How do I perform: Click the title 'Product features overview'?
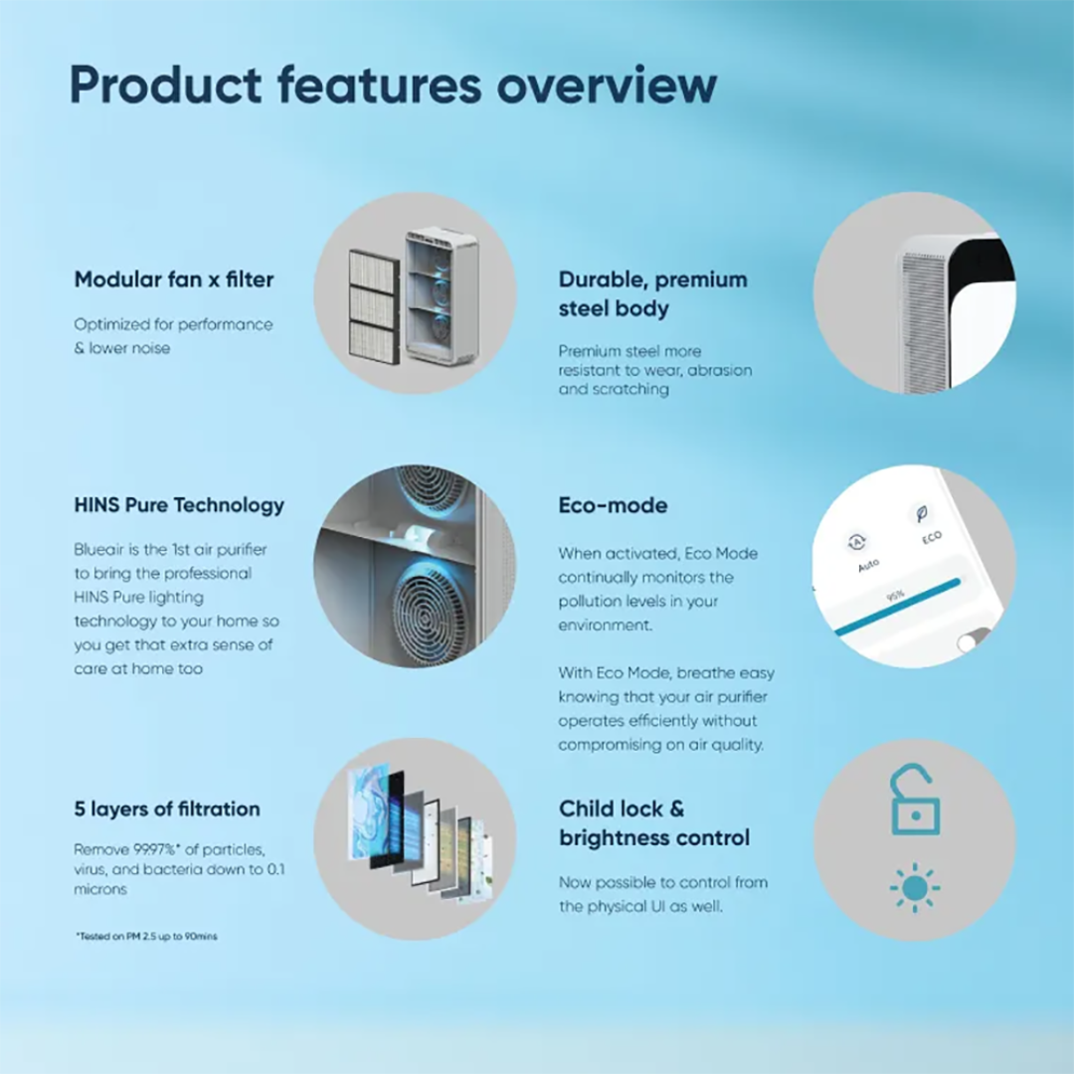tap(393, 86)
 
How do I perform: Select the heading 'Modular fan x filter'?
tap(174, 279)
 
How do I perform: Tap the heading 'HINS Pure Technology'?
tap(179, 505)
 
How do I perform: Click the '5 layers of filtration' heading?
tap(167, 808)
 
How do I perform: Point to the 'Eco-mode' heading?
tap(613, 505)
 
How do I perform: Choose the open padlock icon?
tap(915, 801)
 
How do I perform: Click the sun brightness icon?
tap(915, 888)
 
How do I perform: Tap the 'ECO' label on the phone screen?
tap(932, 538)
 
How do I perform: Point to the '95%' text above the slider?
tap(896, 595)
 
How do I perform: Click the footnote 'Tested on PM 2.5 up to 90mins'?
tap(146, 937)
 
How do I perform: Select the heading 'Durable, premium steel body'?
tap(652, 293)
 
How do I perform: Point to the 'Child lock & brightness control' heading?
tap(654, 823)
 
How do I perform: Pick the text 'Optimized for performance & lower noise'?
tap(173, 336)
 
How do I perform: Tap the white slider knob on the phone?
tap(968, 643)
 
